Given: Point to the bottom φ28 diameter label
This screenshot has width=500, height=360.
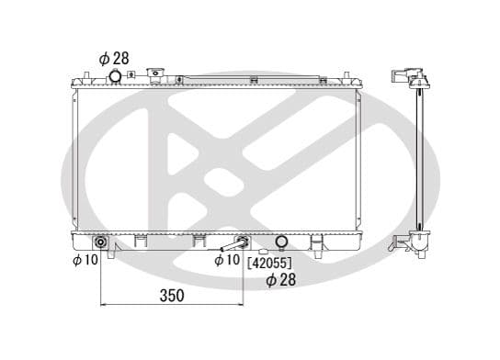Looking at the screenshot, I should [281, 279].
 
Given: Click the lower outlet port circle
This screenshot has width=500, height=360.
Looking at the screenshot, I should [282, 243].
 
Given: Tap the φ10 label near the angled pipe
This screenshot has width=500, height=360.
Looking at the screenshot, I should [227, 261].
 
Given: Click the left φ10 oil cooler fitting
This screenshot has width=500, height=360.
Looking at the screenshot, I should [101, 243].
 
